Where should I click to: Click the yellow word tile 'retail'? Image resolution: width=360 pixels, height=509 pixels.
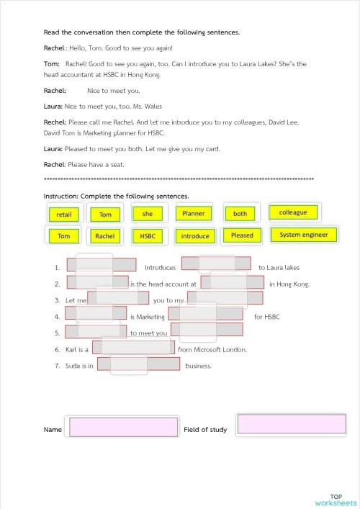[x=64, y=215]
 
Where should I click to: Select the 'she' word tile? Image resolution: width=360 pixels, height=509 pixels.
[x=148, y=214]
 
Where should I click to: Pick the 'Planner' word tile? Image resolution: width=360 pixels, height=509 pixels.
[x=194, y=214]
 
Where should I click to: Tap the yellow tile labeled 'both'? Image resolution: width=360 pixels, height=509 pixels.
[x=240, y=214]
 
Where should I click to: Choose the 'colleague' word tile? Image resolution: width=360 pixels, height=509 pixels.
[x=293, y=212]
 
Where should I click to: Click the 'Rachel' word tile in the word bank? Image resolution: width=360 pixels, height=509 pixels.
[x=105, y=236]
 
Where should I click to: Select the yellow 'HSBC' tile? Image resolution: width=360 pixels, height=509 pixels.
[x=148, y=236]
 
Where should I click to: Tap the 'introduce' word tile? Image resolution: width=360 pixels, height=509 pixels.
[x=195, y=236]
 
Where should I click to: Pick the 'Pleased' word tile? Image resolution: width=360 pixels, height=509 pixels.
[x=242, y=235]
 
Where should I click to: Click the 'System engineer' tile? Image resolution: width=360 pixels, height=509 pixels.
[x=303, y=235]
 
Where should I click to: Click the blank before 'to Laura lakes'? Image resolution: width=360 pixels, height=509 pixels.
[x=217, y=264]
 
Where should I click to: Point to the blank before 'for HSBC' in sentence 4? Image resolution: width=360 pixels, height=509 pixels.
[x=205, y=314]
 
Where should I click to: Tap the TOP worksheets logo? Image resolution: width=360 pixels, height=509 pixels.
[x=336, y=500]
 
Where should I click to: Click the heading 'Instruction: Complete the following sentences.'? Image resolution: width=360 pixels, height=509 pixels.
[x=117, y=196]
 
